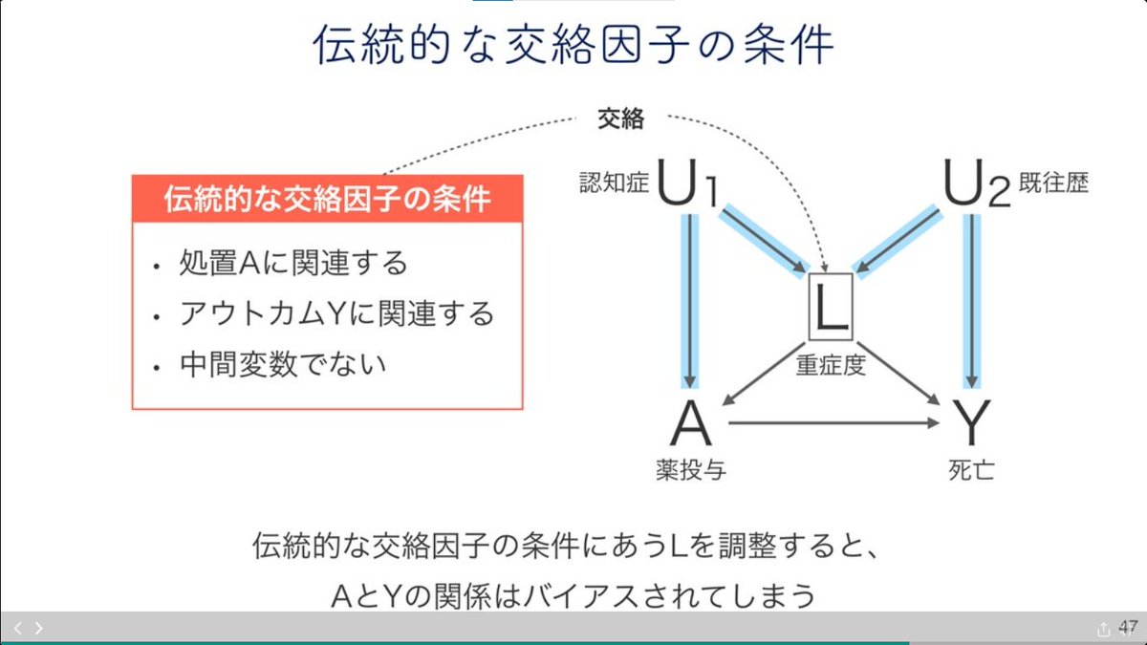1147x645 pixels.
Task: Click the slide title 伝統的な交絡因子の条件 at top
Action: pyautogui.click(x=573, y=45)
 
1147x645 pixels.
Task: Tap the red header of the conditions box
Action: pyautogui.click(x=327, y=199)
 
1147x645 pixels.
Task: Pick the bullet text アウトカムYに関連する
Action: pyautogui.click(x=336, y=312)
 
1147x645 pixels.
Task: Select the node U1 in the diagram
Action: pyautogui.click(x=686, y=183)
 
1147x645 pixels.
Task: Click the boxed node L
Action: pyautogui.click(x=831, y=307)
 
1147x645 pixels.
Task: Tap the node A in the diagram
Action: pyautogui.click(x=691, y=423)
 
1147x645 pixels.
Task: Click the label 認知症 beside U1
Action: pyautogui.click(x=614, y=183)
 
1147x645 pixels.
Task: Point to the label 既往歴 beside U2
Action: pyautogui.click(x=1053, y=183)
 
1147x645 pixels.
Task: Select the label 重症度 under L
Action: pyautogui.click(x=831, y=365)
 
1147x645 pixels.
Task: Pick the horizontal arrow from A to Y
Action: pyautogui.click(x=832, y=423)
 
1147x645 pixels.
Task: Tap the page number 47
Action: pyautogui.click(x=1128, y=627)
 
